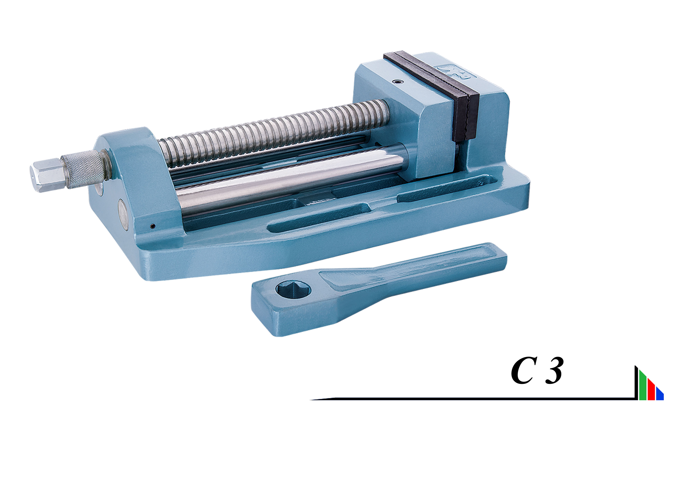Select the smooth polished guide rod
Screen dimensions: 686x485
[x=291, y=179]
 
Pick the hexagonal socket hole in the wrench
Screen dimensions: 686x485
[x=293, y=290]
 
